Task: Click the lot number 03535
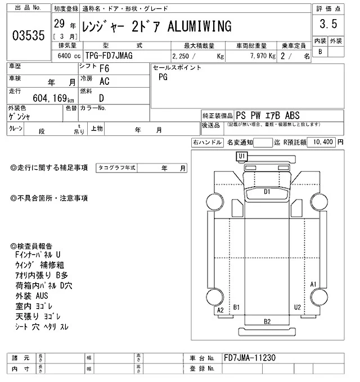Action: (29, 35)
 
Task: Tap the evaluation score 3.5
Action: (328, 24)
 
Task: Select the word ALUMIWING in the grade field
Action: (200, 26)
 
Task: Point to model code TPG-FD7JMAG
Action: (109, 56)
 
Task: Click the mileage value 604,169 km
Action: (53, 98)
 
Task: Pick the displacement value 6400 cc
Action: (69, 56)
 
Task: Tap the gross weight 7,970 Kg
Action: (263, 56)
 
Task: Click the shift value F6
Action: (105, 69)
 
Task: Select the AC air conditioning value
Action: (105, 81)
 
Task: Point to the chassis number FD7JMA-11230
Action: (250, 358)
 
